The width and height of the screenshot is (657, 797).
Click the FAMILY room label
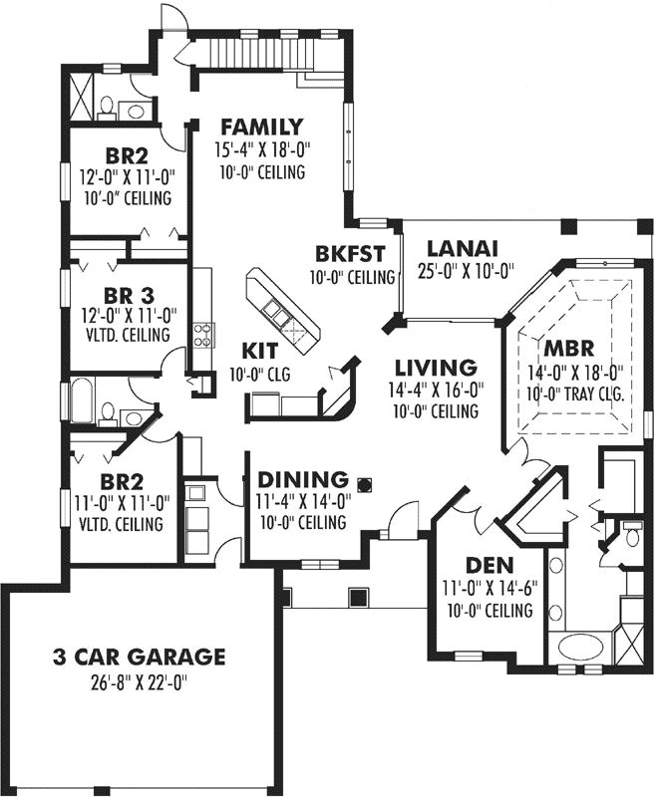click(261, 127)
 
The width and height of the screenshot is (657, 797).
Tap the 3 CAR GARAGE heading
click(139, 657)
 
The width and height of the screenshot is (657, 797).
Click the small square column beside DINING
click(365, 485)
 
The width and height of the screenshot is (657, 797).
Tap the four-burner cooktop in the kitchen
click(202, 335)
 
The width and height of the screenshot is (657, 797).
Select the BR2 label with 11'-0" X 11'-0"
click(120, 476)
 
